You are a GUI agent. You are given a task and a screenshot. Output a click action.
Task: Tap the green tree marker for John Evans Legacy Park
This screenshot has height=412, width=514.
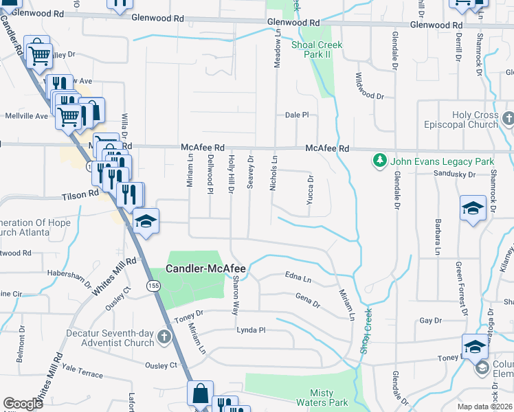pos(378,161)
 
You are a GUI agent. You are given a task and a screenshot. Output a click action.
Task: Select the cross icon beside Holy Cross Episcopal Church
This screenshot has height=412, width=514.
pos(508,119)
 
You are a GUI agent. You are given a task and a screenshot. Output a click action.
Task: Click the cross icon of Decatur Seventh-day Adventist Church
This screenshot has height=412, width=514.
pos(163,336)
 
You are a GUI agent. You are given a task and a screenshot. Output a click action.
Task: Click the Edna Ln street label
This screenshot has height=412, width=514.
pos(298,277)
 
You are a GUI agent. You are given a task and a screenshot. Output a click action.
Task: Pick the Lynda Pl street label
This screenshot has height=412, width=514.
pos(251,330)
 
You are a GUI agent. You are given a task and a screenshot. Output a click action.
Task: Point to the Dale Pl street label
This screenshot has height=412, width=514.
pos(297,115)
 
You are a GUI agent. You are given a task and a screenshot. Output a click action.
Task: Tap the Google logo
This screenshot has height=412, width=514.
pos(23,404)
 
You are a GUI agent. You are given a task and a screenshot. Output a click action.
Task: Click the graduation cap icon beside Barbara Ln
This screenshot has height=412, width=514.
pos(472,208)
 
